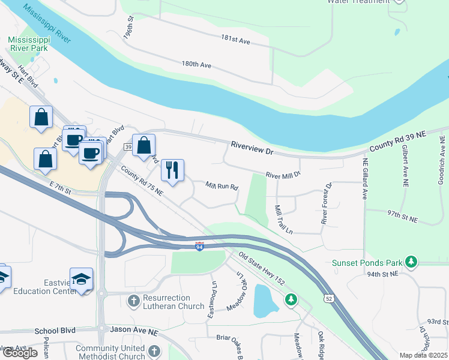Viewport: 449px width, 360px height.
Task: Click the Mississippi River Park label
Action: tap(28, 44)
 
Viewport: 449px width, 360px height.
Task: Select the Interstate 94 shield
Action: tap(200, 247)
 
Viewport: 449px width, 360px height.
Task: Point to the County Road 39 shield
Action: tap(128, 147)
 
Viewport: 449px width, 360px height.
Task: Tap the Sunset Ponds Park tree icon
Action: tap(411, 262)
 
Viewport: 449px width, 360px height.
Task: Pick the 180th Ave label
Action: tap(197, 64)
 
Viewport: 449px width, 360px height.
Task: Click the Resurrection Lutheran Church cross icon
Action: tap(133, 299)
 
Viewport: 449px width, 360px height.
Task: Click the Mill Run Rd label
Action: tap(222, 186)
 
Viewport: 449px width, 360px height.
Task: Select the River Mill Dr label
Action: tap(283, 175)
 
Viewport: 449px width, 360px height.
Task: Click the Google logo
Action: tap(20, 353)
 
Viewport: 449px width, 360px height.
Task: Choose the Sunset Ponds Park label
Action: tap(367, 263)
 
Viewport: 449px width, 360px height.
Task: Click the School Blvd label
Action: tap(55, 331)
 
